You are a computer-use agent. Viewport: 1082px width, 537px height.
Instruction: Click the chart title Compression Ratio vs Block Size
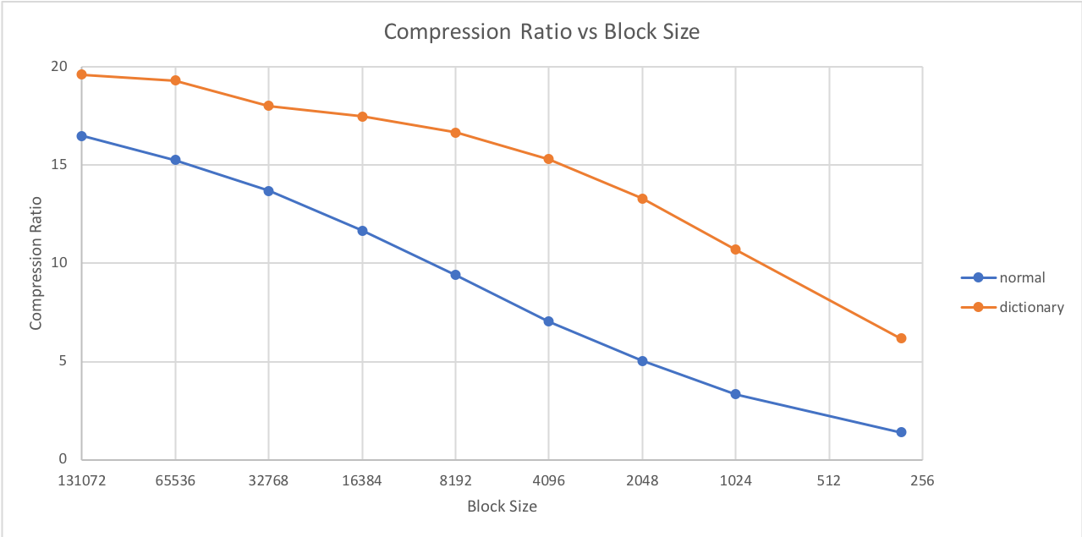(541, 32)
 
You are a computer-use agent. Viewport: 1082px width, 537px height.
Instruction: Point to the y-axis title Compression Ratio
(36, 263)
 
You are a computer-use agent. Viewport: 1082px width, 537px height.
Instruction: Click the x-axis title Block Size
(502, 507)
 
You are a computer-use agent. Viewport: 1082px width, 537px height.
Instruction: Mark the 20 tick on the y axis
(58, 67)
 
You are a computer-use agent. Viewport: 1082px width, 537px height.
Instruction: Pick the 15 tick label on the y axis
(58, 165)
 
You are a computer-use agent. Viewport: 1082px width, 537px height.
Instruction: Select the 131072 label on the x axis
(81, 481)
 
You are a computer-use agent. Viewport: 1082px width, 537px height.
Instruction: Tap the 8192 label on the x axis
(455, 481)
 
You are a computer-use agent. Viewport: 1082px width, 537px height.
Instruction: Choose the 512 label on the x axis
(829, 481)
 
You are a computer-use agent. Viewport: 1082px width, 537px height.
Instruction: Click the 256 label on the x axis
(922, 481)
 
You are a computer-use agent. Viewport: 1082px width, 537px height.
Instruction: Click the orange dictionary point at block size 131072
(81, 74)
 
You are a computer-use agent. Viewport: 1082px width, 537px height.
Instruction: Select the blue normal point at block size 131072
(81, 136)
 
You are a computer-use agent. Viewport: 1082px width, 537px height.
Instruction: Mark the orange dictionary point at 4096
(548, 159)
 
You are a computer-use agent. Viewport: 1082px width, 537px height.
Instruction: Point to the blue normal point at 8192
(455, 275)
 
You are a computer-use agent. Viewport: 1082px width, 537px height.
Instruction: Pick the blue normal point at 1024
(735, 394)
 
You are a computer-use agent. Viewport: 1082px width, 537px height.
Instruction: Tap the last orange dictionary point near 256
(901, 338)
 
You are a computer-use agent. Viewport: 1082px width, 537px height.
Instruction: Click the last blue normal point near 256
(901, 432)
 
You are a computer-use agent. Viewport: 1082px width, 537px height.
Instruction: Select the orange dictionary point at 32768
(268, 106)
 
